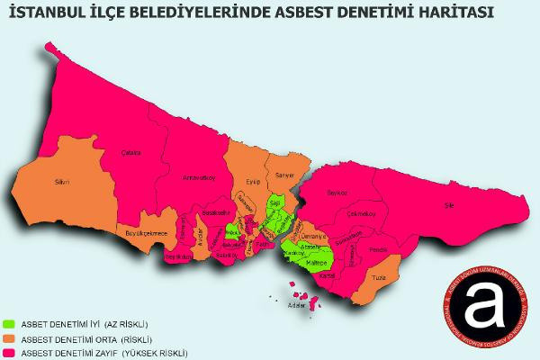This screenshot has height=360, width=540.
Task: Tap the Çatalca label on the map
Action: pyautogui.click(x=132, y=152)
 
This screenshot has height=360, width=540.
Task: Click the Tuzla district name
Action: pyautogui.click(x=379, y=278)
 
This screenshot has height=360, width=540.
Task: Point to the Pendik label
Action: pyautogui.click(x=378, y=247)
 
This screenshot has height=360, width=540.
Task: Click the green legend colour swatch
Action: pyautogui.click(x=10, y=323)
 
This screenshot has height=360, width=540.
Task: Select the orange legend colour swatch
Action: pyautogui.click(x=10, y=337)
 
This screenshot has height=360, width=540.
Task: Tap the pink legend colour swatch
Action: pyautogui.click(x=10, y=352)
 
